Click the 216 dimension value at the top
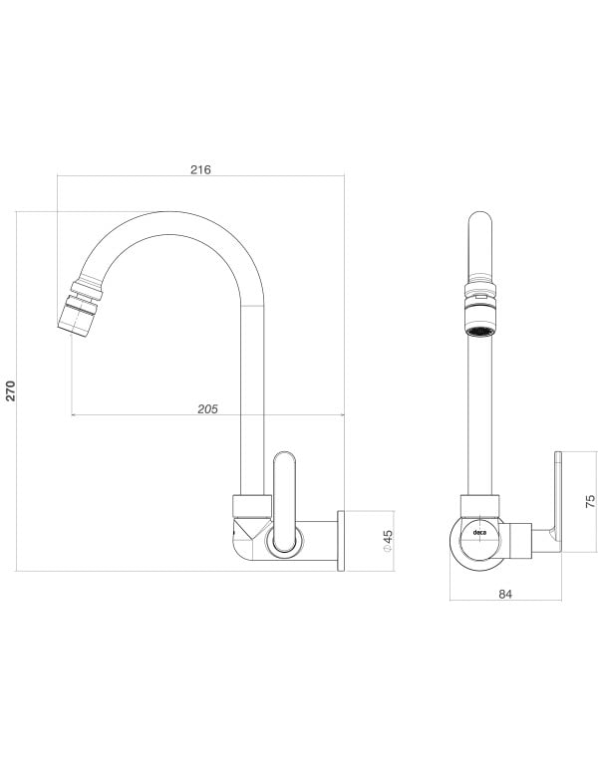[x=200, y=169]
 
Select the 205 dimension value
[x=207, y=407]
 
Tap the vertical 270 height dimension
[x=11, y=390]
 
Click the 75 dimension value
[x=590, y=502]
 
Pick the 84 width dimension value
[x=504, y=593]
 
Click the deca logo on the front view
[x=479, y=533]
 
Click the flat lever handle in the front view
[x=557, y=498]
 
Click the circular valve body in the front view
[x=479, y=544]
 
